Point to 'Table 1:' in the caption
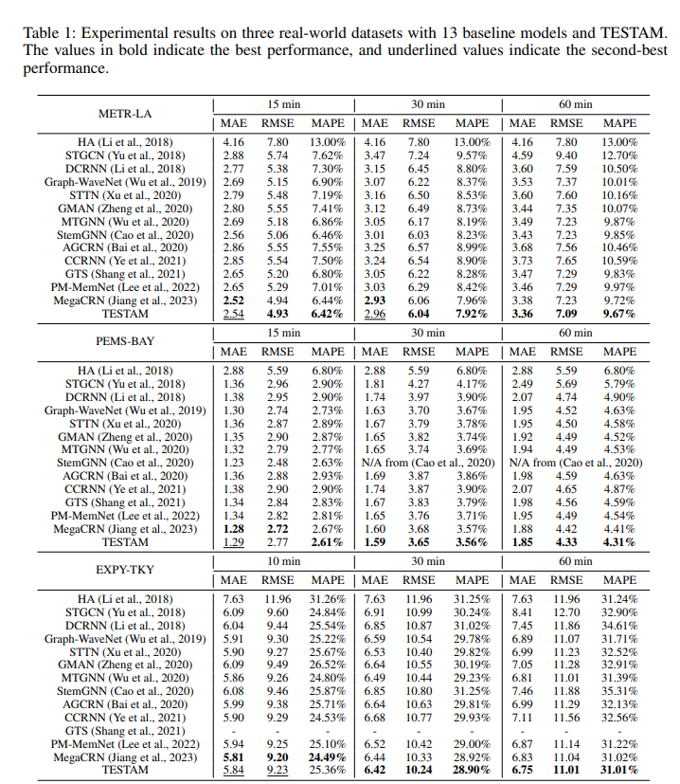point(45,32)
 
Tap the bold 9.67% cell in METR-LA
point(619,314)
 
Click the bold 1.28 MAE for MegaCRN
point(233,528)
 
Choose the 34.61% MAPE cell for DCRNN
point(619,627)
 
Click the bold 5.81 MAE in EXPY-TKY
point(233,758)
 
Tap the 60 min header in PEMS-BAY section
point(574,333)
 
